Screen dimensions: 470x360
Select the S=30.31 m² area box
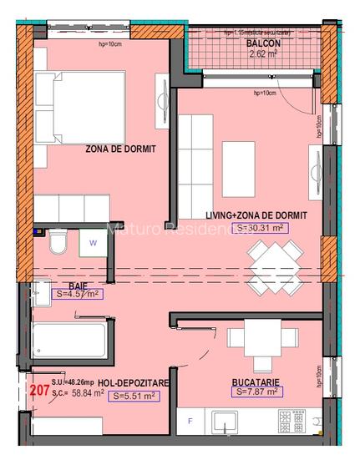click(261, 227)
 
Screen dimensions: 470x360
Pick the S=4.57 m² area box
click(78, 295)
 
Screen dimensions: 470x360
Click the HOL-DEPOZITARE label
click(134, 382)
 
